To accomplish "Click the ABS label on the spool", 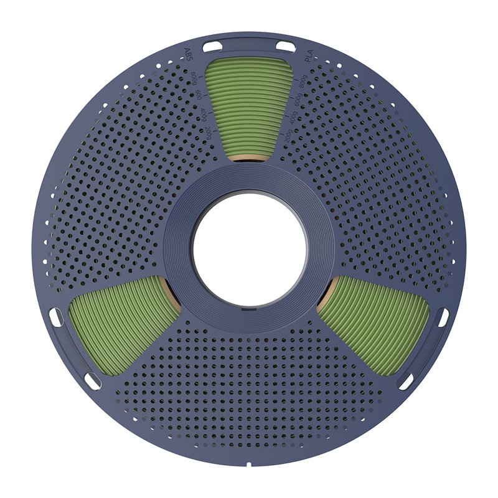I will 187,55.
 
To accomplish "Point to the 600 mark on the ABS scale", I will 199,96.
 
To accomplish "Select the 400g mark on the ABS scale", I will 203,116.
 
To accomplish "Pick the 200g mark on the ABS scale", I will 209,133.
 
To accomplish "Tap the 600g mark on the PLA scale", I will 298,100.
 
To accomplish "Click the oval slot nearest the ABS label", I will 212,46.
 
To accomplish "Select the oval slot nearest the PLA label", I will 286,46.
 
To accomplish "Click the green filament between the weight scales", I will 249,106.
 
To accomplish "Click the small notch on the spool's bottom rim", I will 249,464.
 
